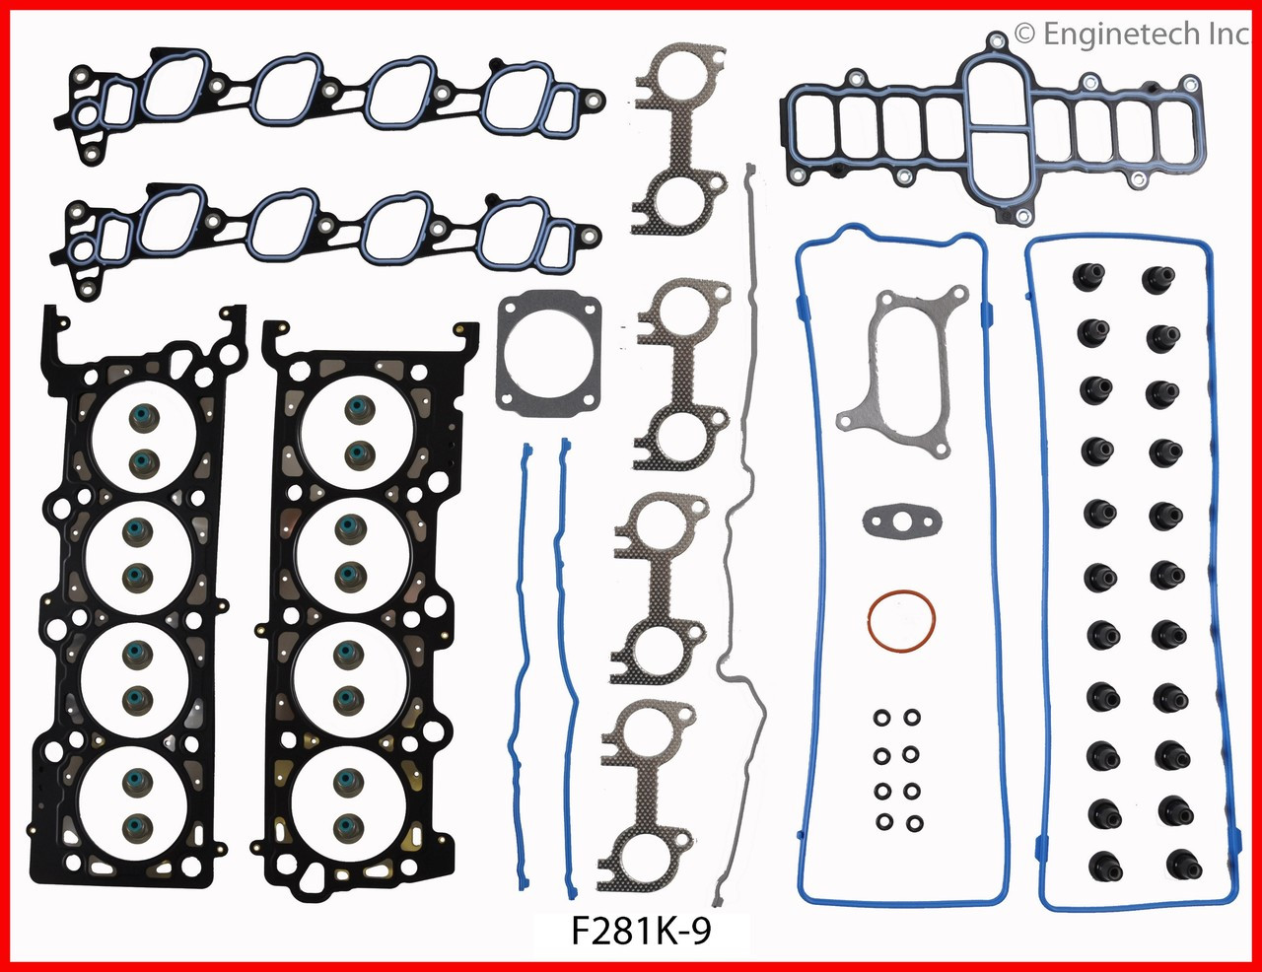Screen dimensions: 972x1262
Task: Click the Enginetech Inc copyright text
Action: pyautogui.click(x=1132, y=35)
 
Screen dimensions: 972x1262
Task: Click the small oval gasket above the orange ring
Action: pyautogui.click(x=901, y=520)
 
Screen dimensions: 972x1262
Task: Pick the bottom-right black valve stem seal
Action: pyautogui.click(x=1178, y=864)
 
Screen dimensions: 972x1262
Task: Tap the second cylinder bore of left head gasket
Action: pyautogui.click(x=138, y=554)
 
